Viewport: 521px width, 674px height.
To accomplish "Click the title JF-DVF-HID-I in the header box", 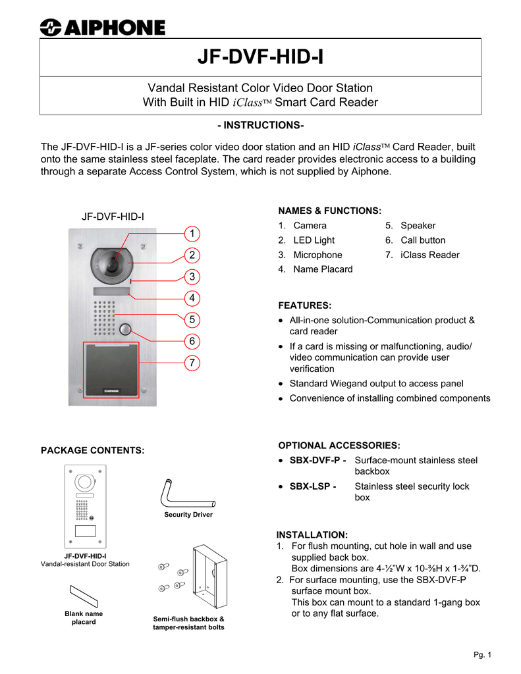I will pos(260,58).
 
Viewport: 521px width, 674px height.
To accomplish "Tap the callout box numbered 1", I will pos(191,234).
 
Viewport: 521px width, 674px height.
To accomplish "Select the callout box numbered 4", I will pos(191,298).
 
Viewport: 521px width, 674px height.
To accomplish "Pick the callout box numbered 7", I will pos(191,363).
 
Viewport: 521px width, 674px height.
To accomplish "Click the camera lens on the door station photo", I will pos(114,265).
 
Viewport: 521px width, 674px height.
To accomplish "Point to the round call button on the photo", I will pos(126,330).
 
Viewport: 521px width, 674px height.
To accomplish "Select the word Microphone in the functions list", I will pos(317,255).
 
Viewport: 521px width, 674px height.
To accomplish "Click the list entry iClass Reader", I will pos(430,255).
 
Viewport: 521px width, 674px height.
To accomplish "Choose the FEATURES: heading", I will pos(305,305).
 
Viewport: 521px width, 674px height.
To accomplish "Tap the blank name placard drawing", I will pos(84,597).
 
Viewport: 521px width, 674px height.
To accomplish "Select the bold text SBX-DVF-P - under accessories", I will pos(318,460).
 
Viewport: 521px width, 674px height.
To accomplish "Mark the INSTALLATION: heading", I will pos(312,534).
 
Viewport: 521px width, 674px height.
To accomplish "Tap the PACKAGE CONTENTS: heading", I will pos(93,450).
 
